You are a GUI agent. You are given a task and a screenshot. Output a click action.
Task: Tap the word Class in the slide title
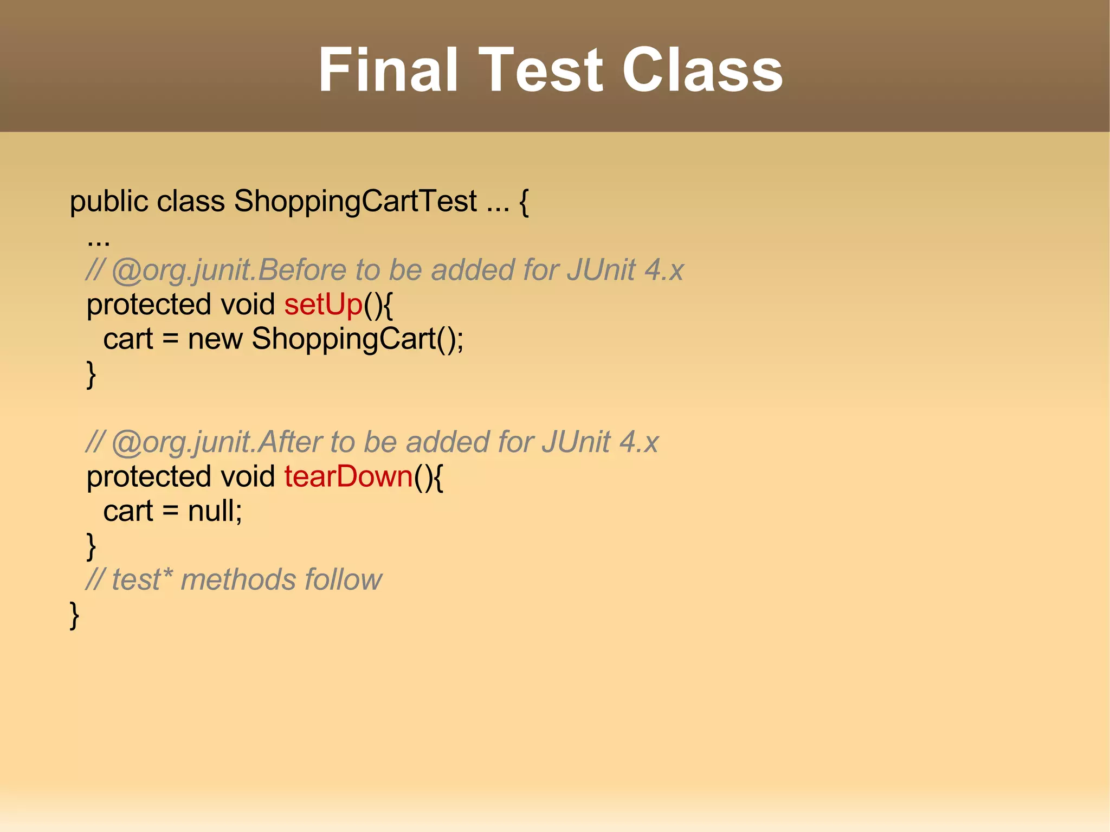click(x=702, y=70)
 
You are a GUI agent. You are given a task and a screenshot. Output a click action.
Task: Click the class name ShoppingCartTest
click(x=355, y=202)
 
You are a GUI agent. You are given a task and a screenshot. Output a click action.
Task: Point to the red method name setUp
click(x=323, y=305)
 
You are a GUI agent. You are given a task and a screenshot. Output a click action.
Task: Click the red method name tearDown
click(x=349, y=477)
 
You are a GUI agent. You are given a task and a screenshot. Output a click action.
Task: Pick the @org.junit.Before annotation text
click(x=228, y=270)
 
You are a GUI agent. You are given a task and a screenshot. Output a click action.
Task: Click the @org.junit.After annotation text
click(x=216, y=442)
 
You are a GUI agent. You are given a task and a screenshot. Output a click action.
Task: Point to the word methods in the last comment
click(x=238, y=580)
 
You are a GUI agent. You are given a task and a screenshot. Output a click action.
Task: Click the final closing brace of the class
click(x=74, y=615)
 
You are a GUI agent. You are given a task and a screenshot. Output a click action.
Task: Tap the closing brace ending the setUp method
click(x=91, y=375)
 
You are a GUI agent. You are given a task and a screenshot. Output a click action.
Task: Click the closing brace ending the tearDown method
click(x=91, y=546)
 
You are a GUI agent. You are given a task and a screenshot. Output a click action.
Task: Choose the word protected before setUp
click(x=149, y=305)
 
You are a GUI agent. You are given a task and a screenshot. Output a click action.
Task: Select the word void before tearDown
click(x=248, y=477)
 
